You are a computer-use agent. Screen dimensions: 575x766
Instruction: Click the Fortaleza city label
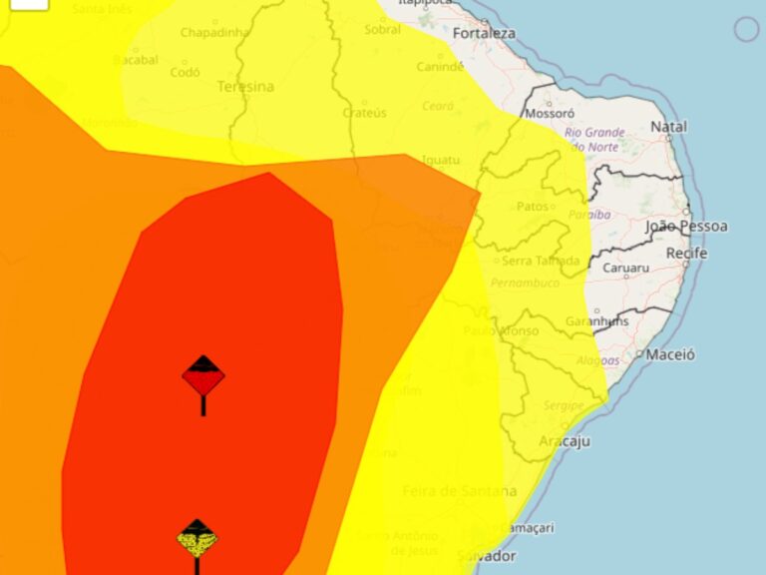click(484, 33)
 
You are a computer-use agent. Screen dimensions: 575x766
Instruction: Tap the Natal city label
click(668, 127)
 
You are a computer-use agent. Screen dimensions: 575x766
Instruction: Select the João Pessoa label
click(687, 226)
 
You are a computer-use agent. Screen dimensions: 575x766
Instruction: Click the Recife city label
click(686, 254)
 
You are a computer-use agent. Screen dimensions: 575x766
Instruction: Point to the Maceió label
click(670, 354)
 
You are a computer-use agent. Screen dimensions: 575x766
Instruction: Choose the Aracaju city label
click(565, 441)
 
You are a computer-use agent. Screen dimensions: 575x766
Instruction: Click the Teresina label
click(245, 87)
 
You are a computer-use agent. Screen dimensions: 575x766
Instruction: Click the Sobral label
click(382, 30)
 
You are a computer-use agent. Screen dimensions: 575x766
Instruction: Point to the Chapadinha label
click(213, 33)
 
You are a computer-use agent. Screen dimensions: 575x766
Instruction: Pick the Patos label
click(534, 207)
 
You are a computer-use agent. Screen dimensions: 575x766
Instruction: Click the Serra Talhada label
click(541, 262)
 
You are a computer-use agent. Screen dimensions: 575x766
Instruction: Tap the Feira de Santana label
click(459, 491)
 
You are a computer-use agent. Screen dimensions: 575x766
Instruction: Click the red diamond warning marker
click(203, 376)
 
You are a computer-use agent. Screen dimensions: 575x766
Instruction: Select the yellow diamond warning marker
click(197, 539)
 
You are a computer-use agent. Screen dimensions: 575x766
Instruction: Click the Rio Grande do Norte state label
click(595, 140)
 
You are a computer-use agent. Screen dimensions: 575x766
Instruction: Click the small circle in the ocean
click(746, 29)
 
